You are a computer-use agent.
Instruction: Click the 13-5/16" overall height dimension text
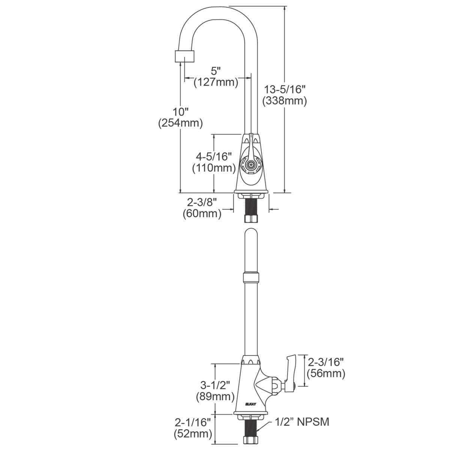click(x=285, y=90)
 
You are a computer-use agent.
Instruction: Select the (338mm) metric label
click(x=285, y=100)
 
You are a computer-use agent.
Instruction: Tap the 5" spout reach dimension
click(x=216, y=70)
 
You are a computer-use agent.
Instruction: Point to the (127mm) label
click(x=216, y=82)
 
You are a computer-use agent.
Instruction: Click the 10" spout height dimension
click(x=180, y=111)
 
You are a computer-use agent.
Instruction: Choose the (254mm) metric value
click(x=180, y=123)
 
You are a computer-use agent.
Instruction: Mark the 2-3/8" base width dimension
click(x=202, y=202)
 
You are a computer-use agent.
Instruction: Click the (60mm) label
click(x=202, y=214)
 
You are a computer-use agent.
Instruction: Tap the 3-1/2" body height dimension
click(x=215, y=385)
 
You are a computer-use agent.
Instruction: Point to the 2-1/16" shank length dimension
click(x=192, y=423)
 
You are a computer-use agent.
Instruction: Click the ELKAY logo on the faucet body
click(x=250, y=403)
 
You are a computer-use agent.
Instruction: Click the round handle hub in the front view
click(x=250, y=164)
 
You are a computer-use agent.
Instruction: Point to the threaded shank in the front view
click(x=251, y=206)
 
